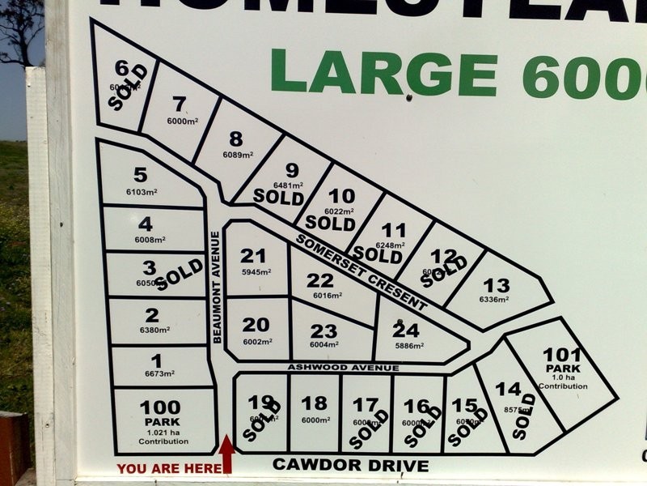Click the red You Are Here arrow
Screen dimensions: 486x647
(226, 454)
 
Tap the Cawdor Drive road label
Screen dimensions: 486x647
(350, 465)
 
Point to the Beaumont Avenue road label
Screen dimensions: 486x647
(216, 288)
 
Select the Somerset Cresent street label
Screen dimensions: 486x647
(361, 273)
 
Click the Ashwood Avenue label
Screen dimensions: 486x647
(344, 368)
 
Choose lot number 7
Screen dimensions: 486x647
(180, 103)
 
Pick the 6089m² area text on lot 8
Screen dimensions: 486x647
(237, 155)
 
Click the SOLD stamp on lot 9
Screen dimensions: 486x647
(278, 195)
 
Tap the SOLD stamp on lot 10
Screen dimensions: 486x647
(331, 221)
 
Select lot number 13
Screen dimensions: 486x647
(496, 285)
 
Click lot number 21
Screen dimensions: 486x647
(252, 256)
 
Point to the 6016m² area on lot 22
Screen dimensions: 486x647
(327, 296)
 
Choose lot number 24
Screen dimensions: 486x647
(406, 330)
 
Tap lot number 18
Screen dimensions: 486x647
(314, 403)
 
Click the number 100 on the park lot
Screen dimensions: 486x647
(160, 407)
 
